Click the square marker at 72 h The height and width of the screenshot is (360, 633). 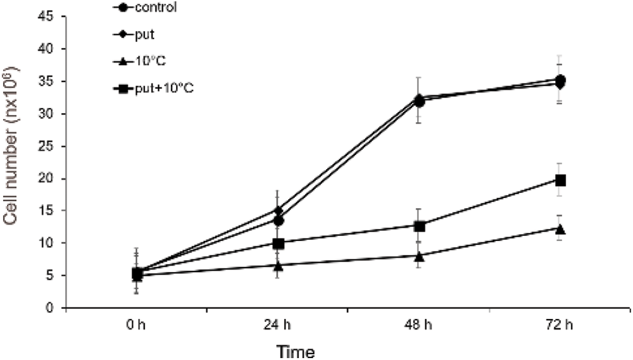[560, 180]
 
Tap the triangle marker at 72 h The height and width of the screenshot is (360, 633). [560, 228]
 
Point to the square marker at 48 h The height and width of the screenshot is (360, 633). [419, 226]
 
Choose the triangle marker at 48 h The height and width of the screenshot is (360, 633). [419, 256]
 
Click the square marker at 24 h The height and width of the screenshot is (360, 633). [279, 243]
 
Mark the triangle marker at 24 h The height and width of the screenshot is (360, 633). [279, 266]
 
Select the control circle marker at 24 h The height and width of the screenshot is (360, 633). [279, 221]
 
